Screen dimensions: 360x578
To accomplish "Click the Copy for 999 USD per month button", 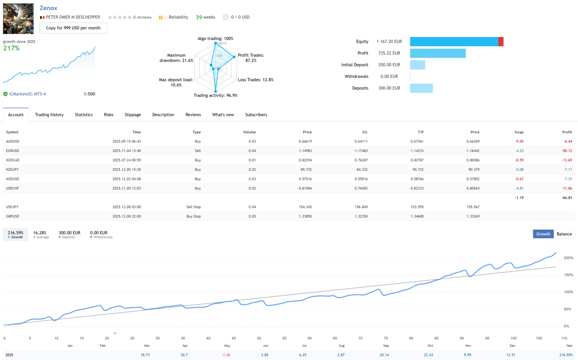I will pyautogui.click(x=73, y=28).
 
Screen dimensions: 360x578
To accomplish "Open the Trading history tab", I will pyautogui.click(x=49, y=115).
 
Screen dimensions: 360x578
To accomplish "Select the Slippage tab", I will pyautogui.click(x=133, y=115).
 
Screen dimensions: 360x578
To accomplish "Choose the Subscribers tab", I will pyautogui.click(x=256, y=115).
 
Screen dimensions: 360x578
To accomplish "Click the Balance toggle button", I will pyautogui.click(x=564, y=234).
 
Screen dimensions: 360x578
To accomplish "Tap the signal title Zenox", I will pyautogui.click(x=48, y=8).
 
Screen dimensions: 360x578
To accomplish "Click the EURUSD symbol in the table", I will pyautogui.click(x=12, y=151).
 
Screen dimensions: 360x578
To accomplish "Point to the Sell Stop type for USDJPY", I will pyautogui.click(x=193, y=207).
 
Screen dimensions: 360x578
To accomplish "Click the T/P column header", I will pyautogui.click(x=420, y=132).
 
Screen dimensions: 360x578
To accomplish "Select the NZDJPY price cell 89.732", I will pyautogui.click(x=306, y=169).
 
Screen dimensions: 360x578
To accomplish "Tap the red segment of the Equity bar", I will pyautogui.click(x=501, y=42).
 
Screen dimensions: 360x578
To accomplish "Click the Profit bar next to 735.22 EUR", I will pyautogui.click(x=438, y=53).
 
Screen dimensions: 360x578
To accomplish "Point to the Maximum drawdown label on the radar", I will pyautogui.click(x=176, y=58).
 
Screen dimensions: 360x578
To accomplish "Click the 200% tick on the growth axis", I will pyautogui.click(x=568, y=258).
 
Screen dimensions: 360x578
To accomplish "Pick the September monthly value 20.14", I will pyautogui.click(x=384, y=355).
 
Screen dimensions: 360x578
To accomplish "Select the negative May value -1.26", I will pyautogui.click(x=226, y=355).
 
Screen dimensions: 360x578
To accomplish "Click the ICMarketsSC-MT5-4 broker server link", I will pyautogui.click(x=27, y=94).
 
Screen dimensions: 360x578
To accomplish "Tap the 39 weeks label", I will pyautogui.click(x=205, y=17).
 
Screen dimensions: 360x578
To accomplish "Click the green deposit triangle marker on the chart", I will pyautogui.click(x=115, y=333).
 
